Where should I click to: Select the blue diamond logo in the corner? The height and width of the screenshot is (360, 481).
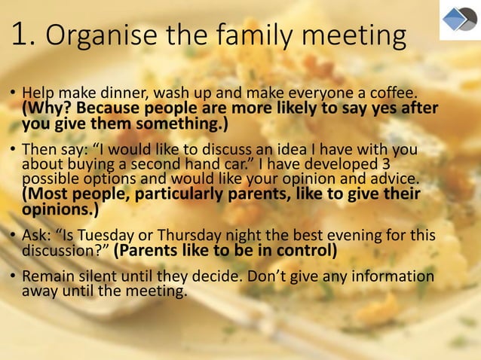click(x=458, y=20)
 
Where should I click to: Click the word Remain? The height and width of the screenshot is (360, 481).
click(x=47, y=277)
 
